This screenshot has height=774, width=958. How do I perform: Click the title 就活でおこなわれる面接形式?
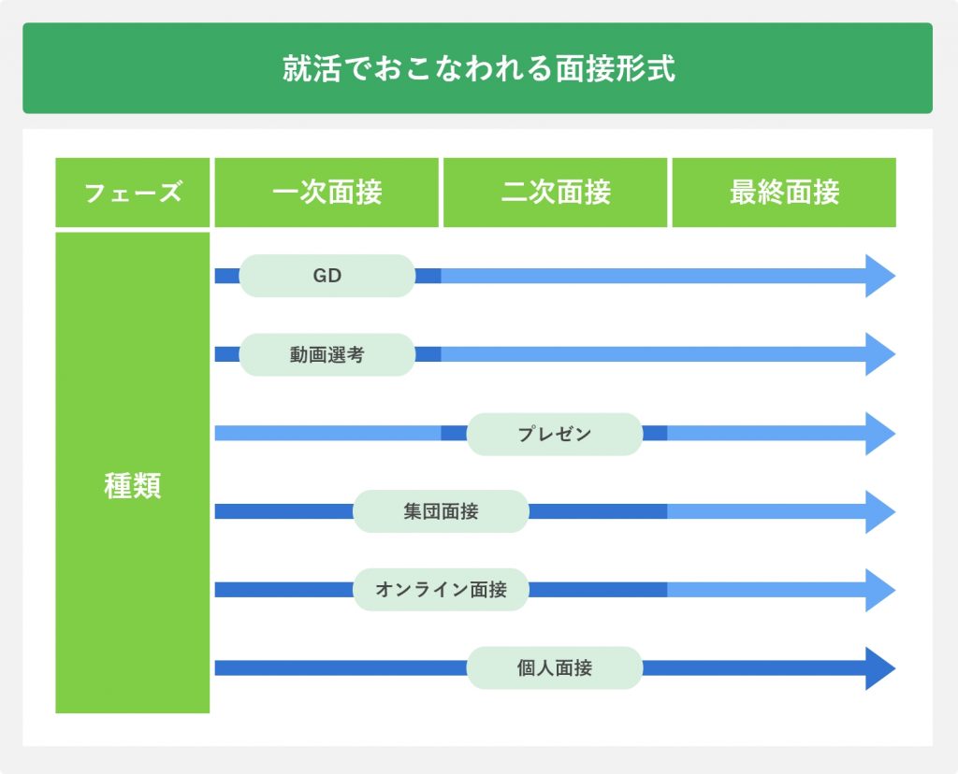coord(478,67)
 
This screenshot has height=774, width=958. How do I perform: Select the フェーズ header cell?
coord(133,193)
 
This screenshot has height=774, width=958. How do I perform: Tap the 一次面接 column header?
coord(327,193)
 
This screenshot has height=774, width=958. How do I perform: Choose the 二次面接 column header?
coord(556,193)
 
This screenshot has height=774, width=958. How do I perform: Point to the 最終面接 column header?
coord(785,193)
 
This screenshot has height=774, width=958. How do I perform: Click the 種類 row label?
coord(133,486)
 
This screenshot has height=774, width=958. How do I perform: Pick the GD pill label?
coord(327,276)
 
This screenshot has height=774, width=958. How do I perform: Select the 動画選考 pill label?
coord(327,354)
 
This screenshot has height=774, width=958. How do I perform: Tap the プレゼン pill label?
coord(555,434)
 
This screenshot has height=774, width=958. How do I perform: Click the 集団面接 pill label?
coord(442,511)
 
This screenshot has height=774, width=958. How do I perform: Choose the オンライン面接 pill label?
coord(442,590)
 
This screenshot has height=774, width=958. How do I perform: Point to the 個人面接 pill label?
coord(555,667)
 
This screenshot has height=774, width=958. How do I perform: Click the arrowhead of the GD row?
coord(879,276)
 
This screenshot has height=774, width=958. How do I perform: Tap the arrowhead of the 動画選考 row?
coord(879,354)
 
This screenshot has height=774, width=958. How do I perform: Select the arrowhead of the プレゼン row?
coord(879,434)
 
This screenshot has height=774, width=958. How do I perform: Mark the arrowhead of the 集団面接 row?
coord(879,511)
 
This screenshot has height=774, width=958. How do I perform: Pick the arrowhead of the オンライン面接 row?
coord(879,590)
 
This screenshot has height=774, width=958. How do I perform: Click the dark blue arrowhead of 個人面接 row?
coord(879,667)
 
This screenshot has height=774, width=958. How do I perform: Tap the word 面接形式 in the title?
coord(616,67)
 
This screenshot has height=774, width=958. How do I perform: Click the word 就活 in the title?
coord(312,67)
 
